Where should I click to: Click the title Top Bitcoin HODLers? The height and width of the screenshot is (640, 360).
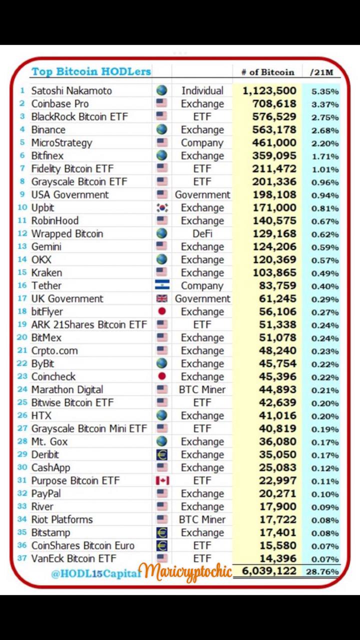[x=91, y=71]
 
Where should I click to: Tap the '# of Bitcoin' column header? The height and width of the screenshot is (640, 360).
[x=267, y=72]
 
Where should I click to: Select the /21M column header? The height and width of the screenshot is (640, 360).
[x=321, y=72]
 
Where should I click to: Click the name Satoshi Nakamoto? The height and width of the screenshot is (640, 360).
[x=71, y=90]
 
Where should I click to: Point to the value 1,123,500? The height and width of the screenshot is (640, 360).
[x=269, y=90]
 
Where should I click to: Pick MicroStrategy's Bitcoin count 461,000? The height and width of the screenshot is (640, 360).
[x=277, y=142]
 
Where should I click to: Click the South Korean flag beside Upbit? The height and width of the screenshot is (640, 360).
[x=161, y=207]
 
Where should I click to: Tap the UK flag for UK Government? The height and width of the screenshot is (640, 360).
[x=161, y=298]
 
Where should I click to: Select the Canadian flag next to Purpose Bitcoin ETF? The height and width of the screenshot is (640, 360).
[x=162, y=480]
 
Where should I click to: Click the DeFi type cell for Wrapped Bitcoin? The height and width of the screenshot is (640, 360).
[x=202, y=233]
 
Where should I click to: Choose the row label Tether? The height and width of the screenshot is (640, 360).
[x=46, y=285]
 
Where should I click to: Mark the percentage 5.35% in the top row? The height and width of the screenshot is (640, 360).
[x=325, y=91]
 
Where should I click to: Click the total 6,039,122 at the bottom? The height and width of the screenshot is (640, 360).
[x=269, y=571]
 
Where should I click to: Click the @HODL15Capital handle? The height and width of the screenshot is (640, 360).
[x=95, y=573]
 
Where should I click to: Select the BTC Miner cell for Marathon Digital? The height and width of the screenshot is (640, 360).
[x=202, y=389]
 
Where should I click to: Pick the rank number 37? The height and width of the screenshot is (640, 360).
[x=22, y=558]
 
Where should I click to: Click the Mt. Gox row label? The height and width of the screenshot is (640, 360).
[x=49, y=441]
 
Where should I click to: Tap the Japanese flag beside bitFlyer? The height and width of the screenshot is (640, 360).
[x=161, y=311]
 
